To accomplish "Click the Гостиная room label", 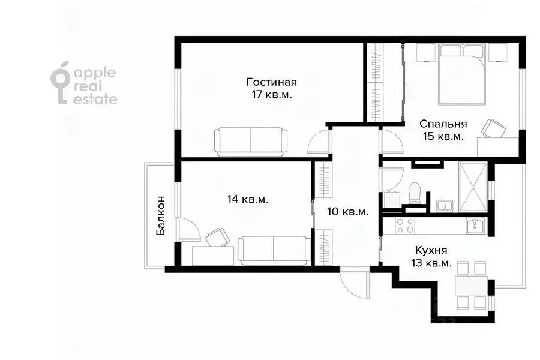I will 272,82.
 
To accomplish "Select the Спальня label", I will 443,124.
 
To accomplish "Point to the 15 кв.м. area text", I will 443,137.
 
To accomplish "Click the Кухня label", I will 431,251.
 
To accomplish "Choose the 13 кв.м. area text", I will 431,264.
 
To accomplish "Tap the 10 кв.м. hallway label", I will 347,212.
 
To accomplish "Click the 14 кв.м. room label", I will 248,199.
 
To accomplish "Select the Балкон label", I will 161,215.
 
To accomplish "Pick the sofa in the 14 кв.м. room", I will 274,250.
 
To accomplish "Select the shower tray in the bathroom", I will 473,187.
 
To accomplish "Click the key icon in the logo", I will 61,86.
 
